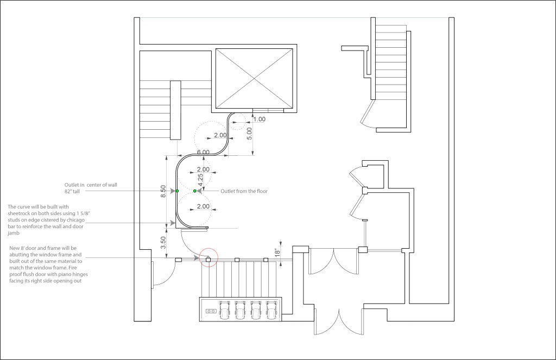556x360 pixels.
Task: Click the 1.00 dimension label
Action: click(x=259, y=119)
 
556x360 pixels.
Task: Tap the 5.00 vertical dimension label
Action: click(x=249, y=134)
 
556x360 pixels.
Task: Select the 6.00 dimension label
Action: click(x=203, y=152)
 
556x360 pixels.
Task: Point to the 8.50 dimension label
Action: click(x=163, y=192)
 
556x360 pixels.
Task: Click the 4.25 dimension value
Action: click(x=200, y=180)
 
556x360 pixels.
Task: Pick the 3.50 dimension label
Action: click(x=163, y=243)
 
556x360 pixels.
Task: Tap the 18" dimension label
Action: click(x=277, y=253)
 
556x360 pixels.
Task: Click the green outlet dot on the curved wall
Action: click(x=178, y=191)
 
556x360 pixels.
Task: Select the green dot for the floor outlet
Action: click(x=195, y=191)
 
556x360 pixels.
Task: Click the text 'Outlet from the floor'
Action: click(x=244, y=191)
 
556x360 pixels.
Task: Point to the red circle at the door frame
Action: click(x=208, y=257)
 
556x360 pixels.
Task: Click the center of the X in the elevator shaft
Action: click(x=254, y=78)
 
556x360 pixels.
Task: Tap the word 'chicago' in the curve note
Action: click(x=75, y=220)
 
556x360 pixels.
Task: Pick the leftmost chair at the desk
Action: click(x=224, y=310)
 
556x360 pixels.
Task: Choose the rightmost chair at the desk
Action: click(x=271, y=310)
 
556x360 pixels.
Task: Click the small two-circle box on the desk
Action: click(x=211, y=311)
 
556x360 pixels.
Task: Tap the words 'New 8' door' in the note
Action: click(x=24, y=248)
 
